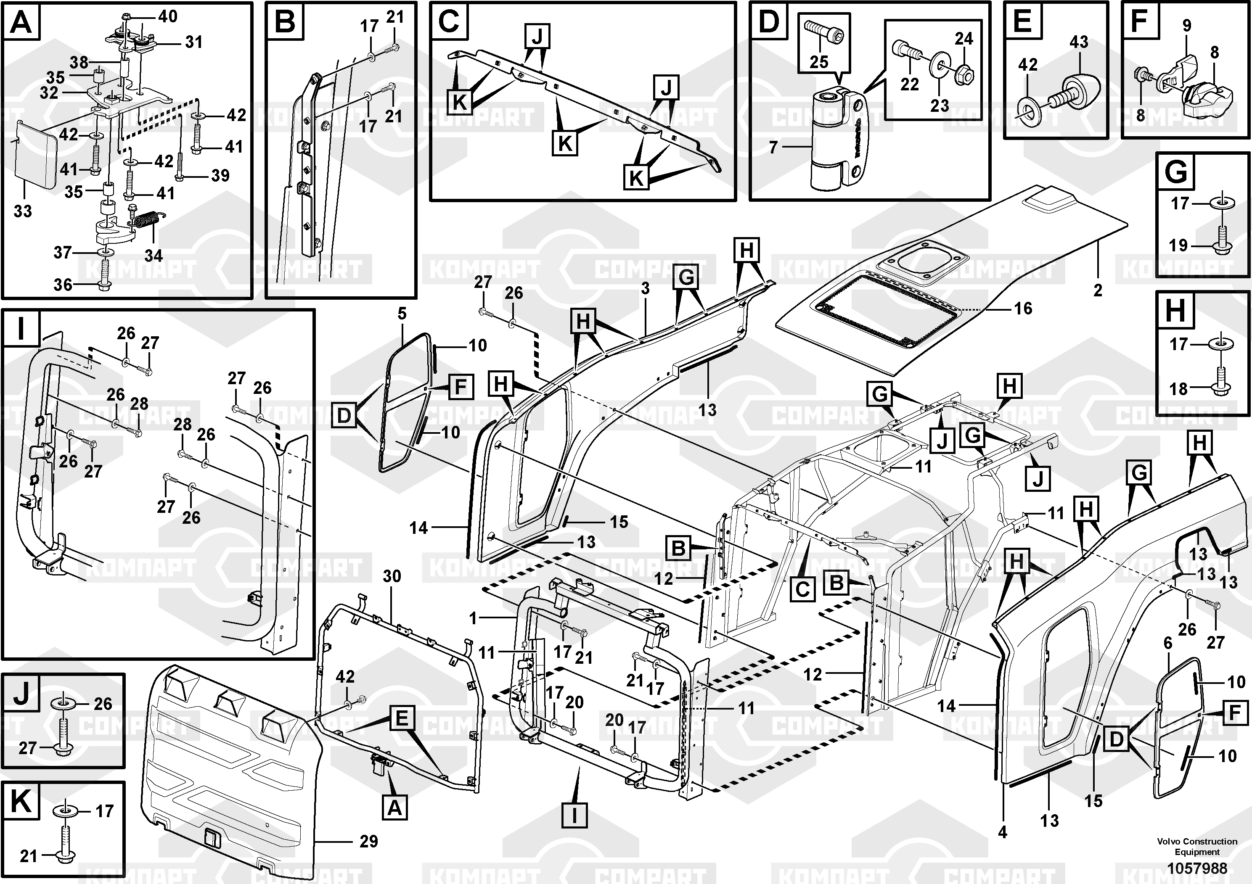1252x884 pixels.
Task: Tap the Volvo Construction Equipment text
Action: pos(1197,847)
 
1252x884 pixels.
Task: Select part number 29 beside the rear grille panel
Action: pos(369,842)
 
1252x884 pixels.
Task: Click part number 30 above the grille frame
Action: pos(392,577)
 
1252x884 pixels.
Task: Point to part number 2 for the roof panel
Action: pos(1098,290)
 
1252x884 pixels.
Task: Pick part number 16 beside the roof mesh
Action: pos(1023,309)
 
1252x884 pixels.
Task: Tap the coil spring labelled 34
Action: pos(146,221)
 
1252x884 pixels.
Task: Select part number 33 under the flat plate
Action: pos(23,211)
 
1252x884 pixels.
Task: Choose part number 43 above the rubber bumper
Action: pos(1079,42)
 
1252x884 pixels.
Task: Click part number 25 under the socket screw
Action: pos(818,62)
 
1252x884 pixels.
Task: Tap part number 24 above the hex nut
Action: pos(963,39)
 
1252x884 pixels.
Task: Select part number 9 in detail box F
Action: pos(1186,25)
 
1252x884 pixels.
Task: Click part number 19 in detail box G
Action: pos(1178,245)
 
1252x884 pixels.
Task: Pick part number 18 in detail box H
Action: pos(1178,389)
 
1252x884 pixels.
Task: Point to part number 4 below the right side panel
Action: pos(1002,832)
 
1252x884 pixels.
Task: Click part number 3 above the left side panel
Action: pos(645,288)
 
